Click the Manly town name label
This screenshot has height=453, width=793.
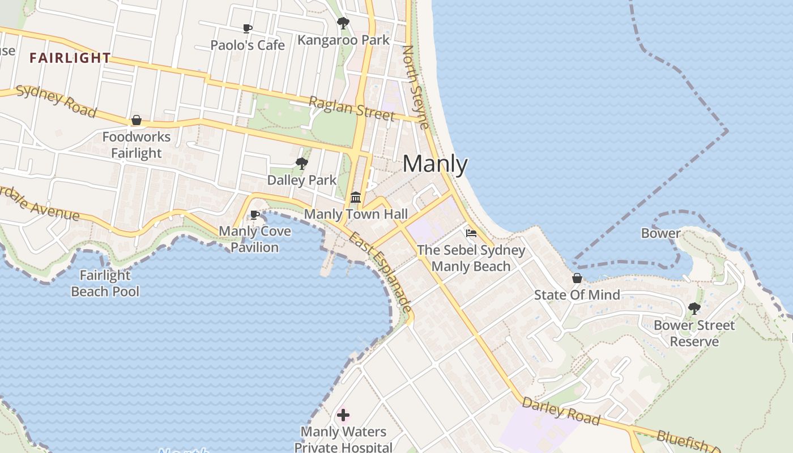435,164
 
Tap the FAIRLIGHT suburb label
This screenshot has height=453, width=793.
70,58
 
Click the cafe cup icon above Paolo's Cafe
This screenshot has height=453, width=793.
248,28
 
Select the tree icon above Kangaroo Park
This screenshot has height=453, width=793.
343,23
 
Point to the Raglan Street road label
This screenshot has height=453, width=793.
351,108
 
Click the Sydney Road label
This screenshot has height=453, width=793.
56,101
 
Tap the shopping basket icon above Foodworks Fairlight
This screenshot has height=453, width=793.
137,120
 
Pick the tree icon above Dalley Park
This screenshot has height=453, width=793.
302,164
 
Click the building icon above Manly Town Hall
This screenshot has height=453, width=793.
356,197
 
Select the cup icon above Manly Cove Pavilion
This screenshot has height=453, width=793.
255,215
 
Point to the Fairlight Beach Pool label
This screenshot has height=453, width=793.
105,283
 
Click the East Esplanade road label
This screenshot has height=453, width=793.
380,272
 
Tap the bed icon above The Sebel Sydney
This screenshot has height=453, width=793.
471,233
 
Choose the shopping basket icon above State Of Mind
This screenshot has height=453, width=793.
577,278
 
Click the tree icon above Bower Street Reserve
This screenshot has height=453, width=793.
694,309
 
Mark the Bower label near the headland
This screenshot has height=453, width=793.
660,233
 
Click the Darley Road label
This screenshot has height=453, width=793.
560,411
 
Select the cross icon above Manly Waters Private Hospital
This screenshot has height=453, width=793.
343,415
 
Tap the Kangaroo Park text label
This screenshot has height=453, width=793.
343,40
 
